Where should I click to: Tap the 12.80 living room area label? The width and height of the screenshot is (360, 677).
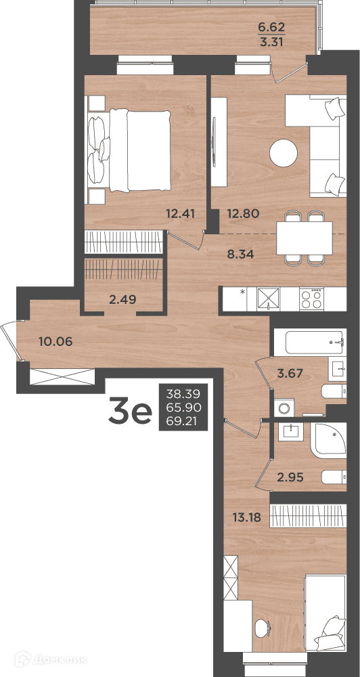[x=242, y=213]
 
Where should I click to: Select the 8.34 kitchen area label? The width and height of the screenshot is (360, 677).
[x=240, y=253]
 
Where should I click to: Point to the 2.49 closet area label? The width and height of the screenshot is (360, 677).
[x=123, y=299]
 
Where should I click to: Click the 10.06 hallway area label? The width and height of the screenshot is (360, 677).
[x=55, y=341]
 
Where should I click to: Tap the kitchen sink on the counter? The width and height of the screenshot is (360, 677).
[x=269, y=298]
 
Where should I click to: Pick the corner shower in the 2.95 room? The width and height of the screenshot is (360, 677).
[x=330, y=441]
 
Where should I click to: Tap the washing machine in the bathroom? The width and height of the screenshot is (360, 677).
[x=284, y=408]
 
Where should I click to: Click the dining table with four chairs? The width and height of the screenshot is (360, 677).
[x=305, y=238]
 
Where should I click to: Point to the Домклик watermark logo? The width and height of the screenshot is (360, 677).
[x=51, y=659]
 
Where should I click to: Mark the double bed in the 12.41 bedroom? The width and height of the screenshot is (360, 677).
[x=129, y=150]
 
